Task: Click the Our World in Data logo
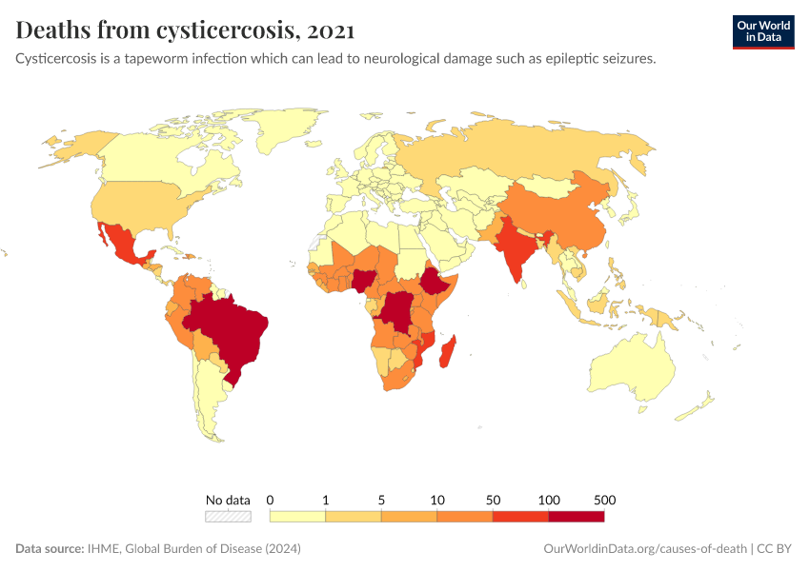pyautogui.click(x=762, y=31)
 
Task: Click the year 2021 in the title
pyautogui.click(x=332, y=30)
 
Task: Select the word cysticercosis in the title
pyautogui.click(x=224, y=30)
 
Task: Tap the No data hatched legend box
pyautogui.click(x=228, y=516)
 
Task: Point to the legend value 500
pyautogui.click(x=604, y=500)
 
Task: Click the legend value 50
pyautogui.click(x=493, y=500)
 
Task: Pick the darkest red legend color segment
pyautogui.click(x=576, y=516)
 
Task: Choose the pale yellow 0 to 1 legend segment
pyautogui.click(x=298, y=516)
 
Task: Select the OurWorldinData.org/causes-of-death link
pyautogui.click(x=644, y=549)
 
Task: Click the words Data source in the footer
pyautogui.click(x=49, y=549)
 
